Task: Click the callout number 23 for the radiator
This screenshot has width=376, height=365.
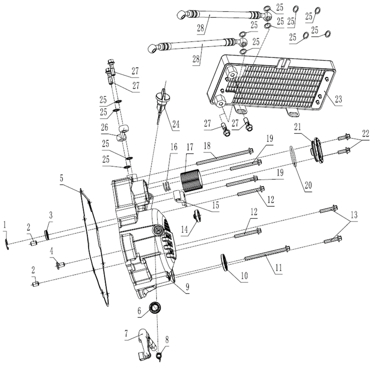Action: coord(337,99)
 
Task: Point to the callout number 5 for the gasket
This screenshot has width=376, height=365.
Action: coord(61,179)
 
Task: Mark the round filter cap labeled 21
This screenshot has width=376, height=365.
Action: coord(317,150)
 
